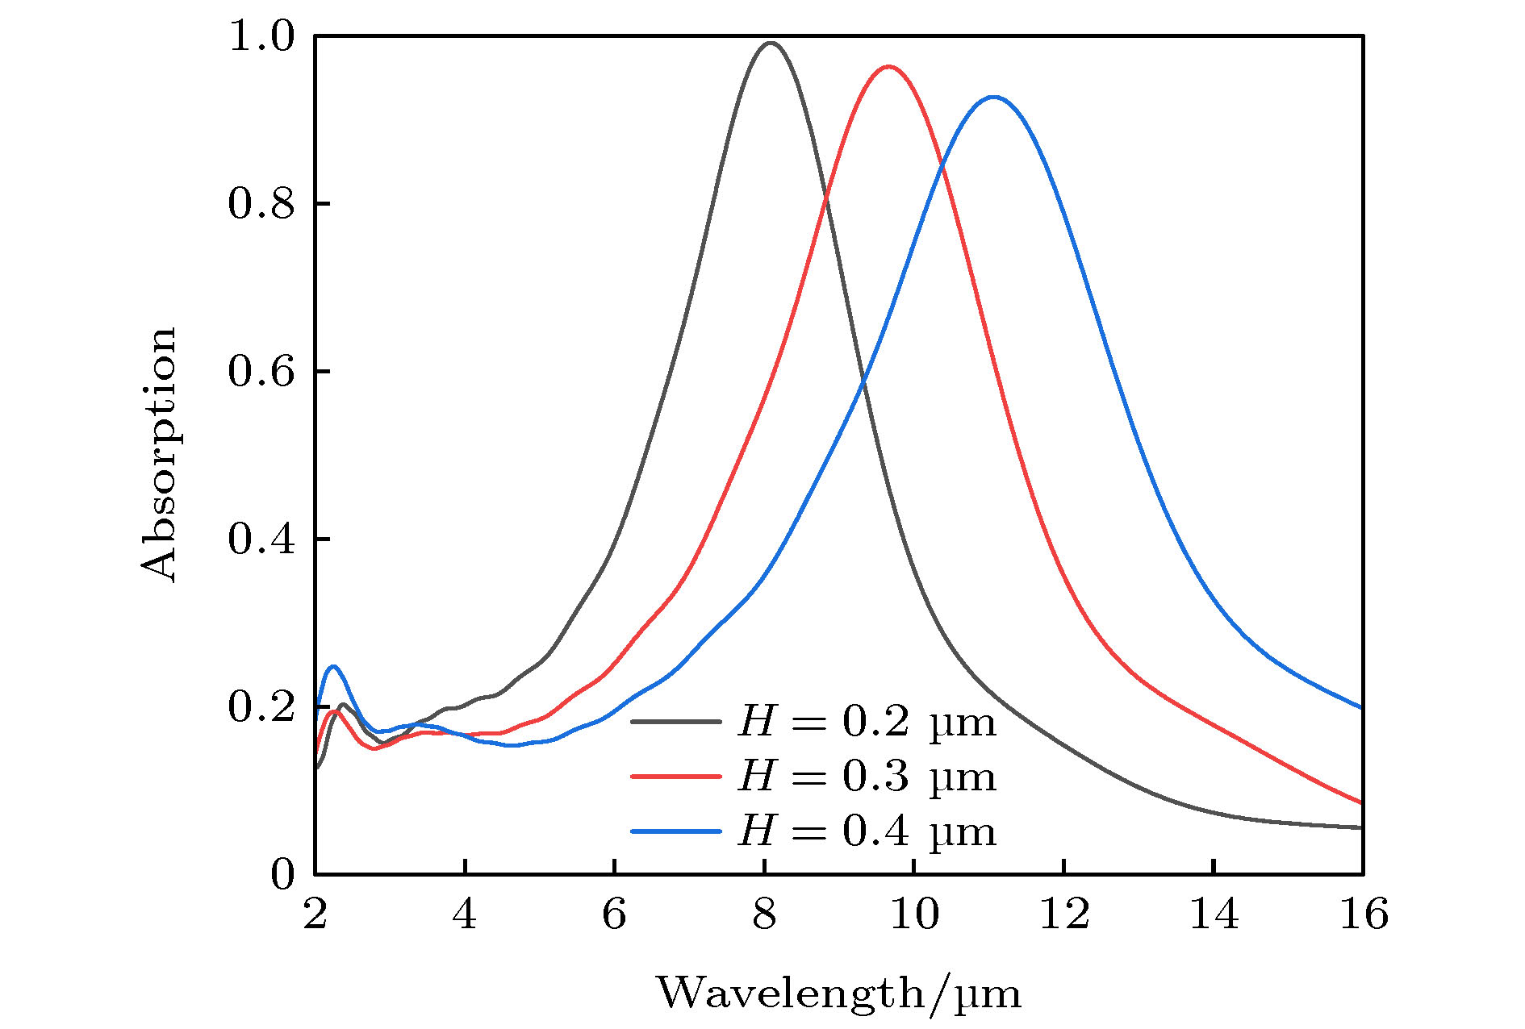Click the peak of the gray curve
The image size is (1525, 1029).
(x=771, y=43)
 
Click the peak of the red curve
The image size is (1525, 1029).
(x=888, y=67)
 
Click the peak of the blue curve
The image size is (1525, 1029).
(x=993, y=98)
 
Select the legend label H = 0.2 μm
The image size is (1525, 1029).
(x=867, y=723)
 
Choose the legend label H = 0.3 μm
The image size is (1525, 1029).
(x=867, y=777)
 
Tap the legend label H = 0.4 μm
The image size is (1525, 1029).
(x=867, y=831)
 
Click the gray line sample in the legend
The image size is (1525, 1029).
(x=675, y=722)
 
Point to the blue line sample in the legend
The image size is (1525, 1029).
(x=675, y=830)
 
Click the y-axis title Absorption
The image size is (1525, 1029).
(x=158, y=454)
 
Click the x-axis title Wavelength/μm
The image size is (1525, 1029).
(x=838, y=994)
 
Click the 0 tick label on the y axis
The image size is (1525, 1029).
(x=282, y=875)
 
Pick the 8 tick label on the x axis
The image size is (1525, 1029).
(x=764, y=915)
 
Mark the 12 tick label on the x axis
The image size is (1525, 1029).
(x=1063, y=915)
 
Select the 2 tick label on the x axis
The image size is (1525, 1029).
(x=315, y=915)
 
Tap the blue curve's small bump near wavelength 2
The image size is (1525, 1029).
(x=333, y=666)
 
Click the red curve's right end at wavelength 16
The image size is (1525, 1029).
(x=1361, y=802)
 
